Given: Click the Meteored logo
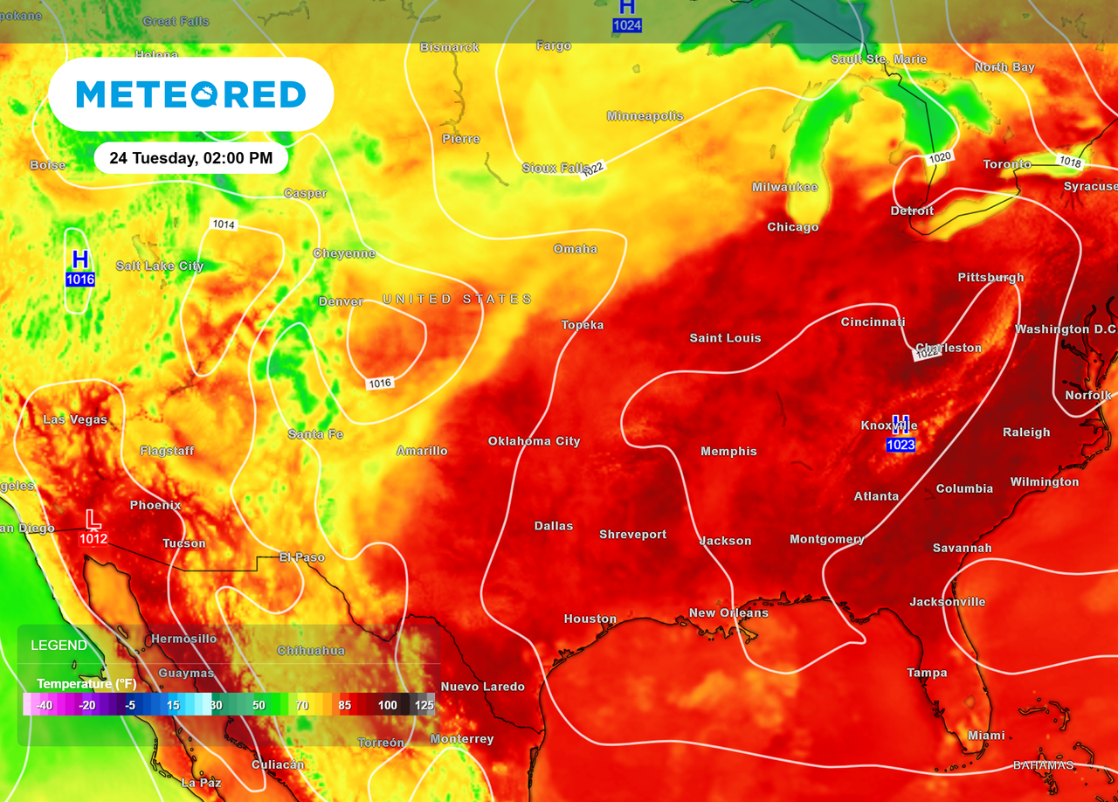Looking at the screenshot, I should (190, 94).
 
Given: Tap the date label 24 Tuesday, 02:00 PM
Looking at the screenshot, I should (190, 159).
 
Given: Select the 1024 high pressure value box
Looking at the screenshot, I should (627, 25).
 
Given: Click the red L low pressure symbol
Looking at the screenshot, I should (93, 519).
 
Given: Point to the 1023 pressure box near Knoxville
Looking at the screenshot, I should (901, 446).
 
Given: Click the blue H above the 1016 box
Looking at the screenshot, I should (80, 259).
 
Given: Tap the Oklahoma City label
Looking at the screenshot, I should (534, 441).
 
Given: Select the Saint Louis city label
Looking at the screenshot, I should (725, 338).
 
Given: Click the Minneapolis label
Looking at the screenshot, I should (645, 116).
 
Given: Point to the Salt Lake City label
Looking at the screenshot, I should (160, 266).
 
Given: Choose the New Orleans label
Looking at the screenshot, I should (728, 613).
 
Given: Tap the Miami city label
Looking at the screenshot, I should (986, 736).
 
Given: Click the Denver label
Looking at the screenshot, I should (341, 301).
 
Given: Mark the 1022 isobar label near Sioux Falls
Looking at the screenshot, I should (593, 167).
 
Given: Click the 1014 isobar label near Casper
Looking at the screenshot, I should (224, 225).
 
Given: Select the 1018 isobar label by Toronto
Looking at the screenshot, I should (1070, 161).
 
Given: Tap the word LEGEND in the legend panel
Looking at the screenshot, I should (59, 646).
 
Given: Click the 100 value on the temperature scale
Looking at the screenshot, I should (388, 705).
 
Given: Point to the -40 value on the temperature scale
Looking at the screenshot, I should (45, 705).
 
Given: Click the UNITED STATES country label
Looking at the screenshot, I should (457, 300).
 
